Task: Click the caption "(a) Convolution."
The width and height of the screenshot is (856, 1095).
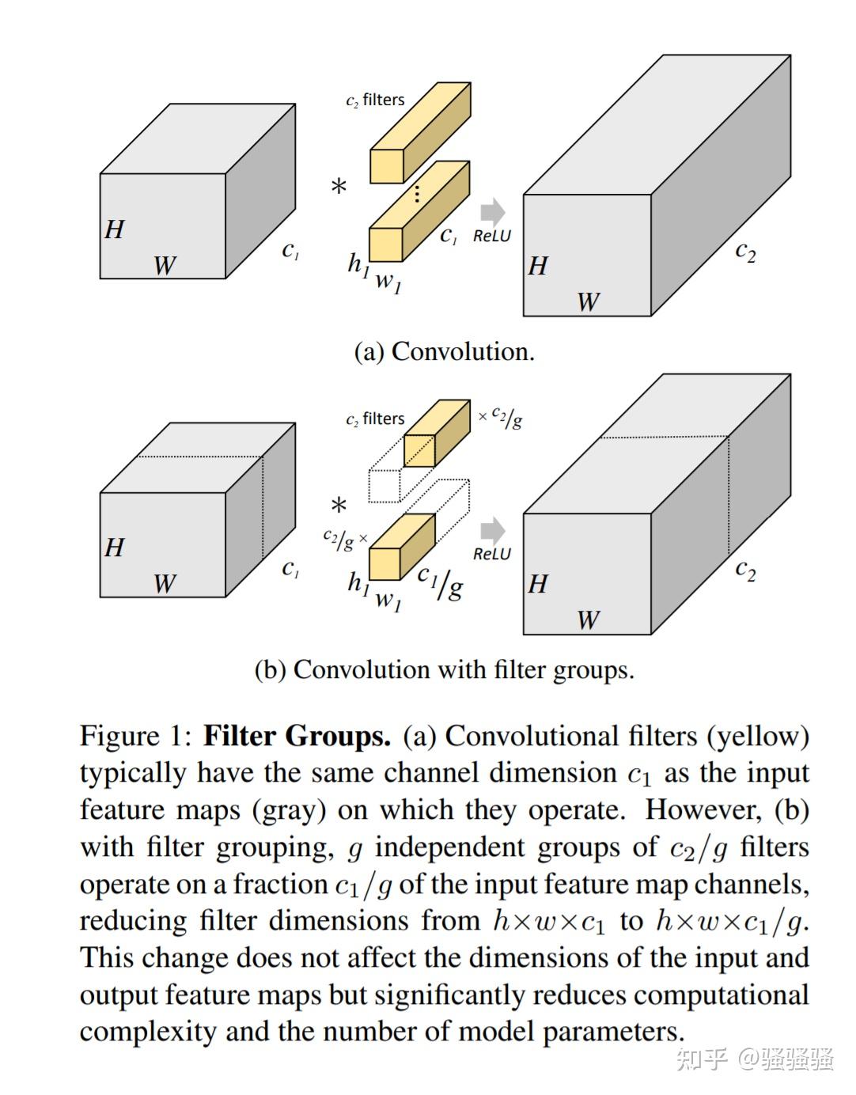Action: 444,351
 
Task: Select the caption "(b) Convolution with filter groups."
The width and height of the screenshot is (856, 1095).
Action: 444,670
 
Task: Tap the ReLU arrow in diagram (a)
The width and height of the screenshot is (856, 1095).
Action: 492,211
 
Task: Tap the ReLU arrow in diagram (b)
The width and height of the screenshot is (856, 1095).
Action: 492,530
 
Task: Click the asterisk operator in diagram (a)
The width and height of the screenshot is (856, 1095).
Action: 339,188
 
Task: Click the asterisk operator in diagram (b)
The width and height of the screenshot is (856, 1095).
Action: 339,506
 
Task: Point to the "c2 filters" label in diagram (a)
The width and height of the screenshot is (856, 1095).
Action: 375,100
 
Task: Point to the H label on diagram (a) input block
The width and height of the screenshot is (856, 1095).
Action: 115,229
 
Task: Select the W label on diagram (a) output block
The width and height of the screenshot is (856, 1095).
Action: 588,302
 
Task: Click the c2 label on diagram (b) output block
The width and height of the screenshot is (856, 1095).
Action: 745,570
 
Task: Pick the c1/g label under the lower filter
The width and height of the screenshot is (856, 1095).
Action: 441,582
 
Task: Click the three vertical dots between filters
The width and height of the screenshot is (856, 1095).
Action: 417,193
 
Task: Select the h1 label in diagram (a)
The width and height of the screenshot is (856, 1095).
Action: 358,264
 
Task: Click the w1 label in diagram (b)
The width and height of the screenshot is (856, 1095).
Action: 388,600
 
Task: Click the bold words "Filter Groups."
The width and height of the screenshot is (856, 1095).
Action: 297,736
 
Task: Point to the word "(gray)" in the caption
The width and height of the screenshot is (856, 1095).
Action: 289,810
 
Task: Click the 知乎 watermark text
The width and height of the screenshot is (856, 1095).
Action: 701,1059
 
